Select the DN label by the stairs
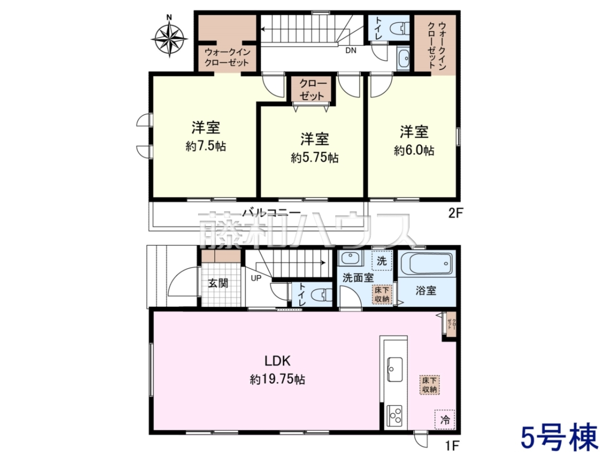coord(351,51)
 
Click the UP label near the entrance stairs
coord(256,278)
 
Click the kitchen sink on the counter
coord(395,369)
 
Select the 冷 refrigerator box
coord(445,419)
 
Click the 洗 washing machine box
coord(382,261)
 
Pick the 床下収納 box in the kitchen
coord(429,385)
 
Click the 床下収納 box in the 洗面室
coord(382,294)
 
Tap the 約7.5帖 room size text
coord(206,146)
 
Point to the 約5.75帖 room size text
coord(314,158)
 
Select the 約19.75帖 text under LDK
coord(277,379)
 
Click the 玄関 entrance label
coord(218,283)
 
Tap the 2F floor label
coord(456,214)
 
